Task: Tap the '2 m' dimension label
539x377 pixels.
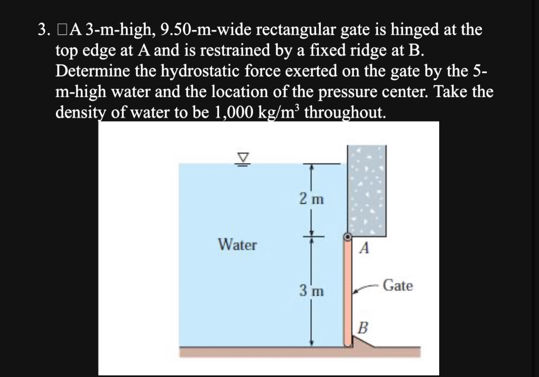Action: tap(311, 198)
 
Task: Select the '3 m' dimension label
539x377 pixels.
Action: tap(312, 289)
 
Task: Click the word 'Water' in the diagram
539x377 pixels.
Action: tap(238, 245)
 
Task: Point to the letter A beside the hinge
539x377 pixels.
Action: tap(364, 248)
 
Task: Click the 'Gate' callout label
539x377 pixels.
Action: tap(397, 286)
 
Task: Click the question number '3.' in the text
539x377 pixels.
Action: tap(44, 30)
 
